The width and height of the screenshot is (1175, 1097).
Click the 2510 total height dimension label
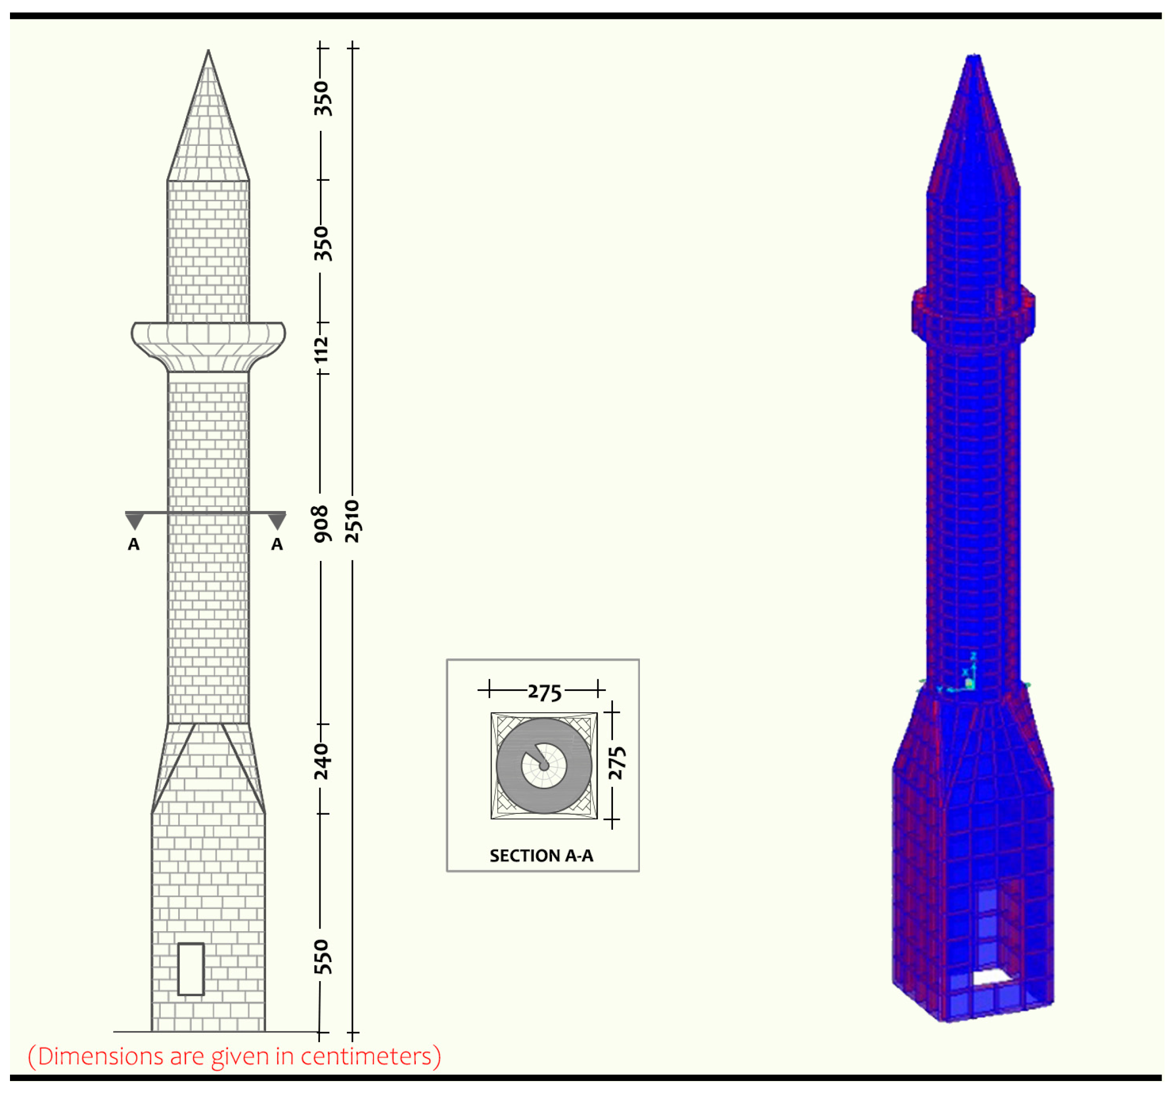(352, 521)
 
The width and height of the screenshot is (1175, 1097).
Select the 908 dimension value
(321, 524)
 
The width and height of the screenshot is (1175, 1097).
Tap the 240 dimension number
(321, 762)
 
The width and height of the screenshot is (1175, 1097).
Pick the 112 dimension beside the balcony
(320, 350)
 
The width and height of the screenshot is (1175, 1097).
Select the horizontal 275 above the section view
(545, 692)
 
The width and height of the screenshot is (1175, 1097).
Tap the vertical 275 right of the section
(616, 763)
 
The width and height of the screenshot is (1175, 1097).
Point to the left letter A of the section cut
(134, 544)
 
